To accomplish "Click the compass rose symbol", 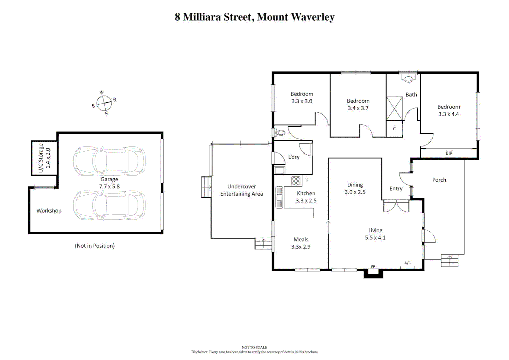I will (x=104, y=103).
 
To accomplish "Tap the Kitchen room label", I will (x=306, y=193).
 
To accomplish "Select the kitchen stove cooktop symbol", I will (x=296, y=181).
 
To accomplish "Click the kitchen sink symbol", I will (x=279, y=197).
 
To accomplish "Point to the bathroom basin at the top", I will (x=408, y=79).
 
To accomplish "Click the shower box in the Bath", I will (x=394, y=108).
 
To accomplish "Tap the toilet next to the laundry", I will (x=280, y=133).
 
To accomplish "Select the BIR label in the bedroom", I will (x=449, y=153).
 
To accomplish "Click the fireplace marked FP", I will (x=373, y=272).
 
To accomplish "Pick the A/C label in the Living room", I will (x=407, y=263).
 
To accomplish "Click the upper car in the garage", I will (x=109, y=161).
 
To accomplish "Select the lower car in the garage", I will (x=109, y=205).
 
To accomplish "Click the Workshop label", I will (x=49, y=211).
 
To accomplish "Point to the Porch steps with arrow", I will (x=449, y=260).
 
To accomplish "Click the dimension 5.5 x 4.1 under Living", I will (x=375, y=238).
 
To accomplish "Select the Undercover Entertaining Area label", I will (x=242, y=190).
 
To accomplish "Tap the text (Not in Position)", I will (x=95, y=246).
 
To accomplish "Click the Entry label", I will (x=396, y=189).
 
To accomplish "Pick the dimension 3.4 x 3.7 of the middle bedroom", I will (x=358, y=108).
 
